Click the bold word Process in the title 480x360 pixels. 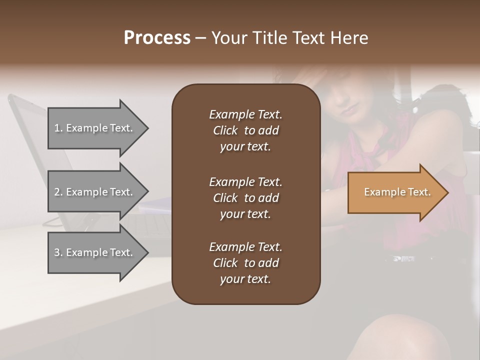pyautogui.click(x=157, y=38)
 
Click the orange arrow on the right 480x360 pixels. pyautogui.click(x=395, y=192)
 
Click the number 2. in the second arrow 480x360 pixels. pyautogui.click(x=58, y=192)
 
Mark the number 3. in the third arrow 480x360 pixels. pyautogui.click(x=58, y=252)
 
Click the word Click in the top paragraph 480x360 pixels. pyautogui.click(x=225, y=131)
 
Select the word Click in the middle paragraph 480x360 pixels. pyautogui.click(x=225, y=198)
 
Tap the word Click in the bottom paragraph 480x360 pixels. pyautogui.click(x=225, y=263)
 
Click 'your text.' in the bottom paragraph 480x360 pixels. pyautogui.click(x=245, y=279)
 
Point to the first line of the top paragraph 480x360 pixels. pyautogui.click(x=245, y=114)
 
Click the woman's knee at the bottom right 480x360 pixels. pyautogui.click(x=400, y=335)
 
